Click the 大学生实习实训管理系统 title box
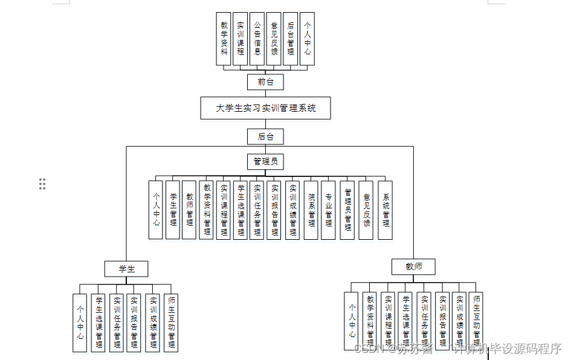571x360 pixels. coord(266,109)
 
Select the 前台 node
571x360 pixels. coord(265,82)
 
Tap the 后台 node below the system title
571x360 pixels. coord(265,137)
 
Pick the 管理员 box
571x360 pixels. coord(265,161)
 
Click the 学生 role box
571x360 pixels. coord(126,269)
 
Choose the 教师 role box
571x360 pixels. coord(413,266)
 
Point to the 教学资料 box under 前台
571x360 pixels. coord(224,39)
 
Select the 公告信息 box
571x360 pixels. coord(257,39)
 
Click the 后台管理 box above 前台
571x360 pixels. coord(291,39)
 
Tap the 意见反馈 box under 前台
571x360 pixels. coord(274,39)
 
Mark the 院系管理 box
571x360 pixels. coord(311,210)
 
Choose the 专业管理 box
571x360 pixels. coord(328,210)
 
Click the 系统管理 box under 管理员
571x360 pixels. coord(386,210)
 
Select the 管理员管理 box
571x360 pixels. coord(347,210)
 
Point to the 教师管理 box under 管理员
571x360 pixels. coord(189,210)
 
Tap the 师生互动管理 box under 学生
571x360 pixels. coord(172,322)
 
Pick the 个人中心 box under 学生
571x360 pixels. coord(79,322)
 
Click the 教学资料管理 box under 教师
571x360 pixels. coord(370,322)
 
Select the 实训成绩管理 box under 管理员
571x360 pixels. coord(292,210)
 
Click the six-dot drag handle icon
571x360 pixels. coord(42,184)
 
